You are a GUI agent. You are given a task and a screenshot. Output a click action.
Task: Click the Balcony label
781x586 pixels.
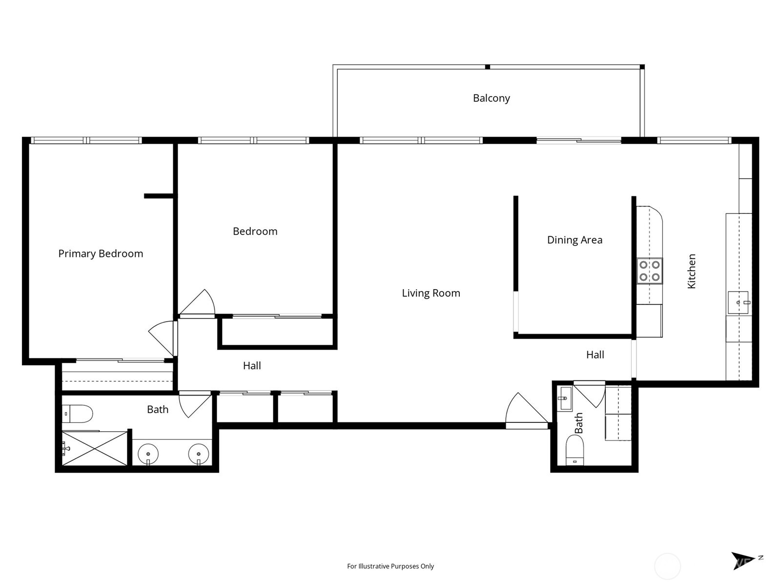pyautogui.click(x=491, y=98)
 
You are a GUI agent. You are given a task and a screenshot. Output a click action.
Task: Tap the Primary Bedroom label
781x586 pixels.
pyautogui.click(x=101, y=253)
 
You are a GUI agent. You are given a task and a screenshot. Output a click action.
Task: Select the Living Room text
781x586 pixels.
pyautogui.click(x=431, y=293)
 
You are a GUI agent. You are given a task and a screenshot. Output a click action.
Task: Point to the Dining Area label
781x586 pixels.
pyautogui.click(x=575, y=240)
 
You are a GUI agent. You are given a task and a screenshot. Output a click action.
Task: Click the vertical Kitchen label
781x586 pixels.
pyautogui.click(x=692, y=271)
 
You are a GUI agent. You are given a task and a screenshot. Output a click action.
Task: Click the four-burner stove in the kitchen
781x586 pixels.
pyautogui.click(x=650, y=271)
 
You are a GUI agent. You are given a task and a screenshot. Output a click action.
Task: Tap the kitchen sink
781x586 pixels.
pyautogui.click(x=738, y=302)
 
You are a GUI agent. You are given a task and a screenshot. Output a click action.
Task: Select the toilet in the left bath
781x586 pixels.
pyautogui.click(x=78, y=414)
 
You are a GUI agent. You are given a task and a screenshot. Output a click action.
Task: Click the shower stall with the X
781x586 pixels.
pyautogui.click(x=95, y=448)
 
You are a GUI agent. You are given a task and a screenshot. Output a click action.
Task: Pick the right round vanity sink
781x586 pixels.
pyautogui.click(x=199, y=454)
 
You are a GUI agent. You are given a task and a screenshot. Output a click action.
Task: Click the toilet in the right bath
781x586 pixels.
pyautogui.click(x=575, y=449)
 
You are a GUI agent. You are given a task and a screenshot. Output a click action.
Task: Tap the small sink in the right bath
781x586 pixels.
pyautogui.click(x=565, y=398)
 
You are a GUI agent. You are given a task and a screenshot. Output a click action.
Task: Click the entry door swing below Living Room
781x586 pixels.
pyautogui.click(x=525, y=412)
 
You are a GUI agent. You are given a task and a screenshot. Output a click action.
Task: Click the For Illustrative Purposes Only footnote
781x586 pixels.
pyautogui.click(x=390, y=566)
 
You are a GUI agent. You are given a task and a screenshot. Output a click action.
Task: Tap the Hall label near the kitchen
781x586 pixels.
pyautogui.click(x=595, y=355)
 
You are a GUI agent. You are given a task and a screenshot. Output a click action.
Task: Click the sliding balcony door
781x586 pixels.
pyautogui.click(x=579, y=141)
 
